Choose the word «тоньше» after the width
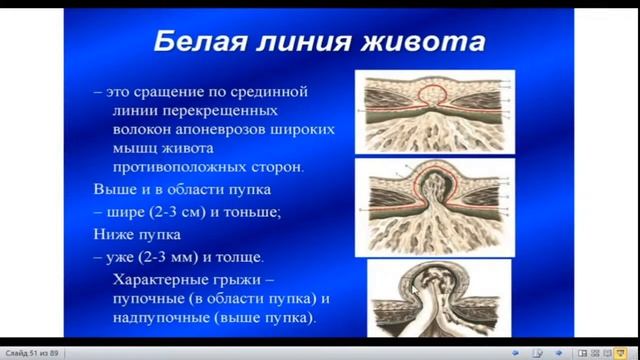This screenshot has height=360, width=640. [257, 212]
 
